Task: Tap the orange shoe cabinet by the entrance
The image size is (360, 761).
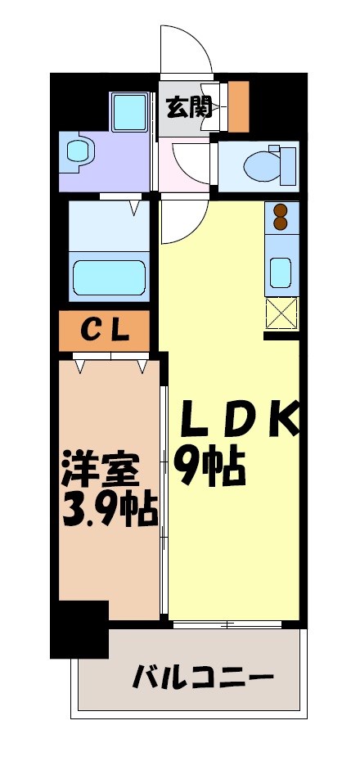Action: [x=239, y=106]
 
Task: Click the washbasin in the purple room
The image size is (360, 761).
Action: [x=79, y=151]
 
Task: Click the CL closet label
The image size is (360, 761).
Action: [x=104, y=331]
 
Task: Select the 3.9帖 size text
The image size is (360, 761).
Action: [x=108, y=511]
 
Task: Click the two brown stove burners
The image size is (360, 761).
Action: [x=280, y=217]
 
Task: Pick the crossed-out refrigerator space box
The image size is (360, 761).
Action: [x=281, y=313]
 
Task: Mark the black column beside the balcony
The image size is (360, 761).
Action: [x=79, y=630]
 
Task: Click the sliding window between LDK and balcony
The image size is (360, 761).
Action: [x=227, y=624]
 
